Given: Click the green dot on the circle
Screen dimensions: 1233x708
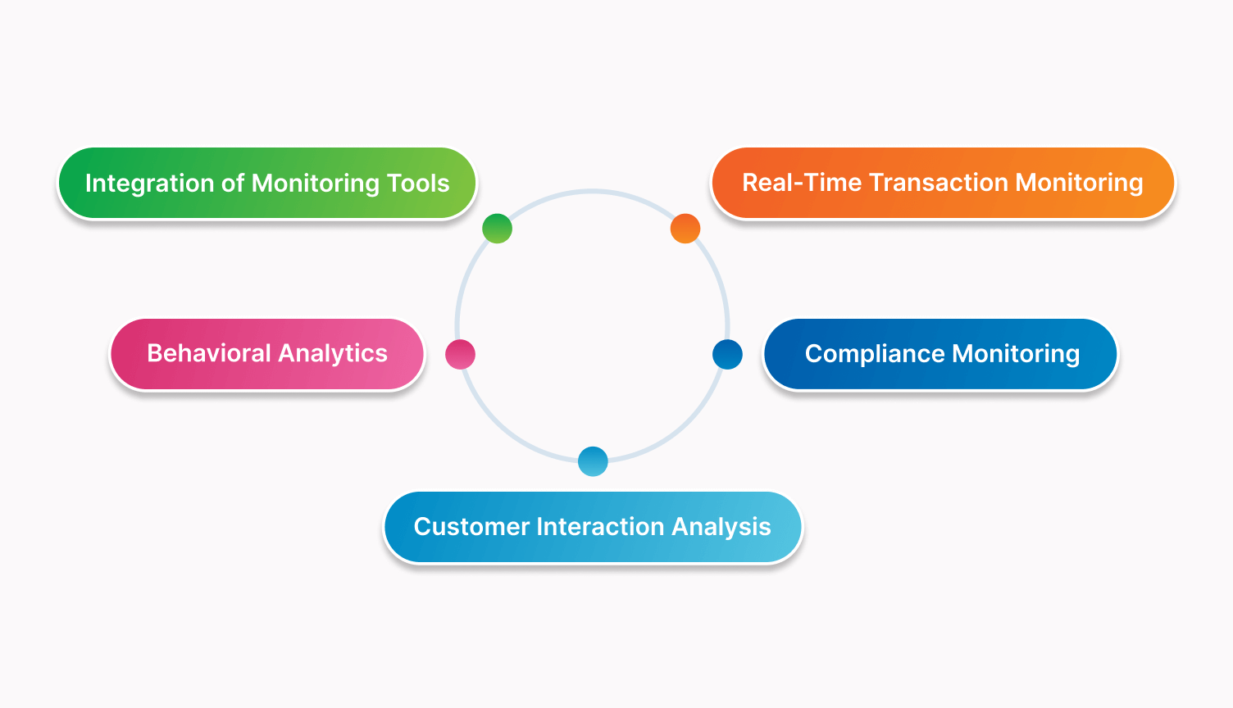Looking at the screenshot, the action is click(497, 229).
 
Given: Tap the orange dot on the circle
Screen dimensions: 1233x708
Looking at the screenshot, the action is click(685, 229).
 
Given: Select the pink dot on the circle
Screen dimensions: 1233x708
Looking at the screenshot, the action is click(460, 354).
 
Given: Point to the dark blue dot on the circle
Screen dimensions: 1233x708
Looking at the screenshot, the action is click(727, 354).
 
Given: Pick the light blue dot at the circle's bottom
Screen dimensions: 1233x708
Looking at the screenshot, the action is click(593, 461).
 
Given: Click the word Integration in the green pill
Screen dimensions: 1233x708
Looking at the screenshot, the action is click(149, 184).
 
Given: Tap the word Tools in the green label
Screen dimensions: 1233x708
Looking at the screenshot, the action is click(418, 184).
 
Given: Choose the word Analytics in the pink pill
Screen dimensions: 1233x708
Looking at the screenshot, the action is click(333, 354).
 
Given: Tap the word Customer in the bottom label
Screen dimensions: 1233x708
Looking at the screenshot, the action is click(471, 526).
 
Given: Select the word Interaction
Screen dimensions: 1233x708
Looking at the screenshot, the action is click(601, 526).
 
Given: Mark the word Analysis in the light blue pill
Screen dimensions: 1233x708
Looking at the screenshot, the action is click(721, 528).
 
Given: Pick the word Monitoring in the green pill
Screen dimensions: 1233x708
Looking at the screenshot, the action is click(316, 184).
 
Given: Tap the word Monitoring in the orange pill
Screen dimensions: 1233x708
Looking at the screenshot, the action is click(1080, 184).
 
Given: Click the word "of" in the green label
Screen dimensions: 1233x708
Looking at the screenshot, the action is click(232, 184).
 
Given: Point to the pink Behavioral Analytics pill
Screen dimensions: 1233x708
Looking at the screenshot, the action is click(267, 354).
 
